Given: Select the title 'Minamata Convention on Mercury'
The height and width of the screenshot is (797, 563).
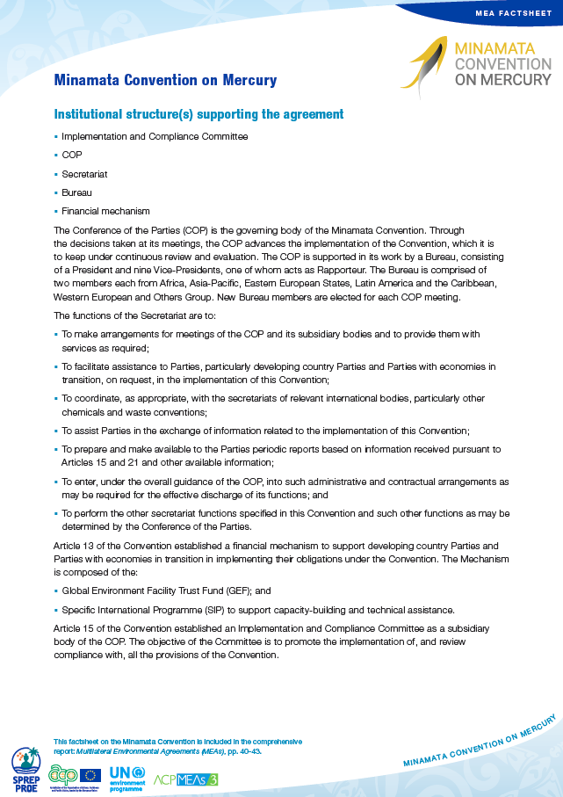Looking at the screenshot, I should [x=165, y=81].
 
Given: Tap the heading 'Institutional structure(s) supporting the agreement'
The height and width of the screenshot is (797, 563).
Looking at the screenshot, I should [x=198, y=115].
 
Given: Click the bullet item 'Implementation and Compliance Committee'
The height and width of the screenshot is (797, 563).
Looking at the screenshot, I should [x=155, y=137].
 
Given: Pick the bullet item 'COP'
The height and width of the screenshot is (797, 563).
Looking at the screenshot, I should [x=72, y=156].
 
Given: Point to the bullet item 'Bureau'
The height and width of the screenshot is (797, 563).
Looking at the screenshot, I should [x=76, y=192].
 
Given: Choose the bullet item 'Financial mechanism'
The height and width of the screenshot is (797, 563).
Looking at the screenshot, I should [x=105, y=211].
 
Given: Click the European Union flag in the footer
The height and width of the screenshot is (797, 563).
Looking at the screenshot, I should [x=90, y=775].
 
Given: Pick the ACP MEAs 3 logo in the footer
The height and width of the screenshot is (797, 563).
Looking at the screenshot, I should [x=185, y=779].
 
